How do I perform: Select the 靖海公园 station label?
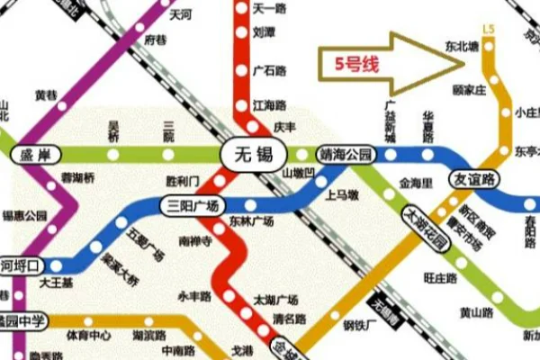tap(346, 154)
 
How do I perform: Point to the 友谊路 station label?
tap(473, 178)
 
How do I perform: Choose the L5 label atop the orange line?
tap(488, 30)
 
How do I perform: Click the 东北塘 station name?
tap(462, 45)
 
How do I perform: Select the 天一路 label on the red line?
tap(269, 8)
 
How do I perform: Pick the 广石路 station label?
tap(269, 71)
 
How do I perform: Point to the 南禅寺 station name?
tap(195, 241)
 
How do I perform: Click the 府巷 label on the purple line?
tap(156, 40)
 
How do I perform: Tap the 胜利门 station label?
tap(184, 180)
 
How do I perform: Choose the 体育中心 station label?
tap(89, 336)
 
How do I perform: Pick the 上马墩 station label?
tap(341, 194)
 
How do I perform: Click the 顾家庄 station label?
tap(469, 90)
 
